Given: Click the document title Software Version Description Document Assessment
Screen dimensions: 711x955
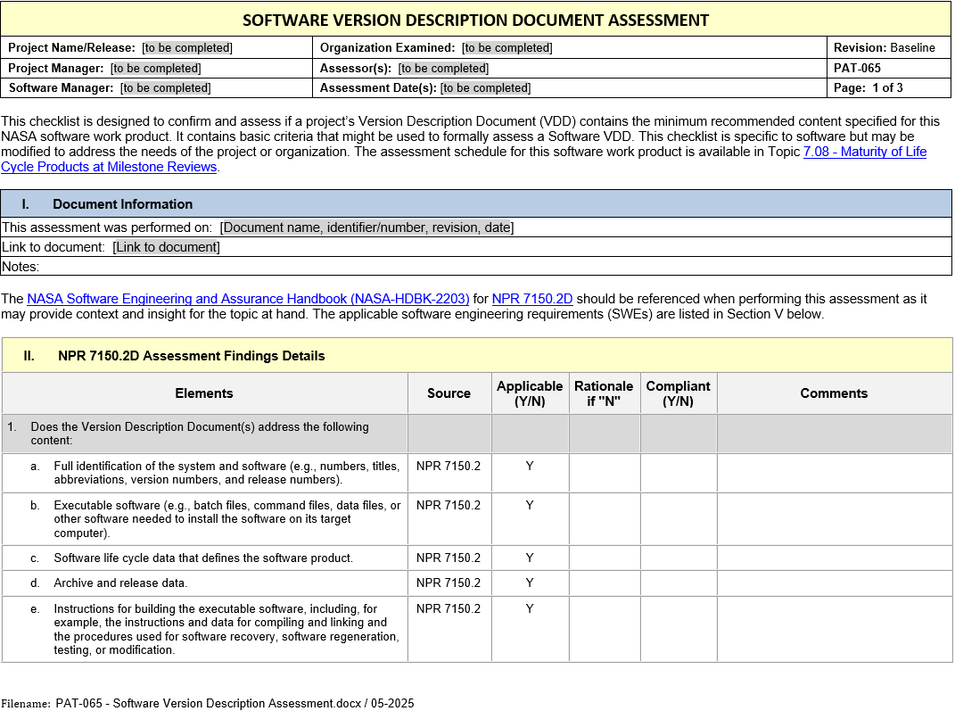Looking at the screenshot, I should coord(476,20).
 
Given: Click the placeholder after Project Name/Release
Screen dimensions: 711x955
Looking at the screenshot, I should coord(187,48).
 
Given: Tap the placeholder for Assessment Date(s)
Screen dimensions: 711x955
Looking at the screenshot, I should coord(485,88).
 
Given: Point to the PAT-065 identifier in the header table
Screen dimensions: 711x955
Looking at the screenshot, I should coord(857,68).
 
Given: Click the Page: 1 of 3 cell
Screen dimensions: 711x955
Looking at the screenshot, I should coord(869,88).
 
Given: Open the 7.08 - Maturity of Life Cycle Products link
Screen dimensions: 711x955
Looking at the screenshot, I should coord(864,152).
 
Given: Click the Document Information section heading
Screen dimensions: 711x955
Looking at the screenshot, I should coord(122,204).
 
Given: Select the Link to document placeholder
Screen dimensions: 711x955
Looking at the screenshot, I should coord(166,247).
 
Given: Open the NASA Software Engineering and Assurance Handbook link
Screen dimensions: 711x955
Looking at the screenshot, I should coord(248,300).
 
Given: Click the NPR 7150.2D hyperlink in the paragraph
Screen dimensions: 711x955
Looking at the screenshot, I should coord(531,300).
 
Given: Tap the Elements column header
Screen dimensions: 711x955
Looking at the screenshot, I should coord(204,393).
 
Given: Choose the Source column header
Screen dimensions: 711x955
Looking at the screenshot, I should coord(449,393).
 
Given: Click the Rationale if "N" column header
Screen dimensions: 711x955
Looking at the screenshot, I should coord(604,393).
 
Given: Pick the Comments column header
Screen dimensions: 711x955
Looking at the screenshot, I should coord(834,393).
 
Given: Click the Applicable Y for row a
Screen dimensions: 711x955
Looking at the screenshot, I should coord(530,467).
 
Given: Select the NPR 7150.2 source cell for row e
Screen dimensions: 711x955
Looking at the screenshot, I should coord(449,609).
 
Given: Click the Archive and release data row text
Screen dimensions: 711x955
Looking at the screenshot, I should coord(120,583).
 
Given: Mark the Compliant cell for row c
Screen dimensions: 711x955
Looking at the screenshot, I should coord(678,558).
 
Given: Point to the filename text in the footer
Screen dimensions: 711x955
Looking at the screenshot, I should coord(235,703).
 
